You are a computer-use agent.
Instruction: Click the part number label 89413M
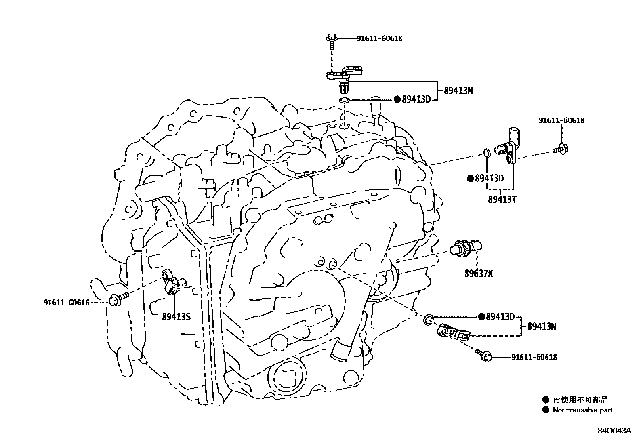coord(458,91)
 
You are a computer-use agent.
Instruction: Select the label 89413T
coord(502,199)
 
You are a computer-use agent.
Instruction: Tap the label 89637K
coord(478,274)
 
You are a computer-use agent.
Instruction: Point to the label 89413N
coord(542,326)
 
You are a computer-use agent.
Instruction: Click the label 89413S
coord(176,316)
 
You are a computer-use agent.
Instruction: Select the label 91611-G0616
coord(66,302)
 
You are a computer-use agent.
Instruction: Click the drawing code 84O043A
coord(614,431)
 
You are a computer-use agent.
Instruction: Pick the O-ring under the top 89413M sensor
coord(343,100)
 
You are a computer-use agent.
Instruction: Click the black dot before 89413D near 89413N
coord(481,316)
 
